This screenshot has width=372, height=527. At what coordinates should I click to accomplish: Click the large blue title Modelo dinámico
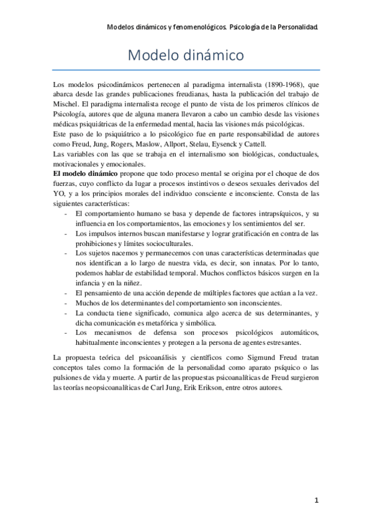(185, 55)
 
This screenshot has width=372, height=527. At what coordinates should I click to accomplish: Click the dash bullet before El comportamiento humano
(66, 214)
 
